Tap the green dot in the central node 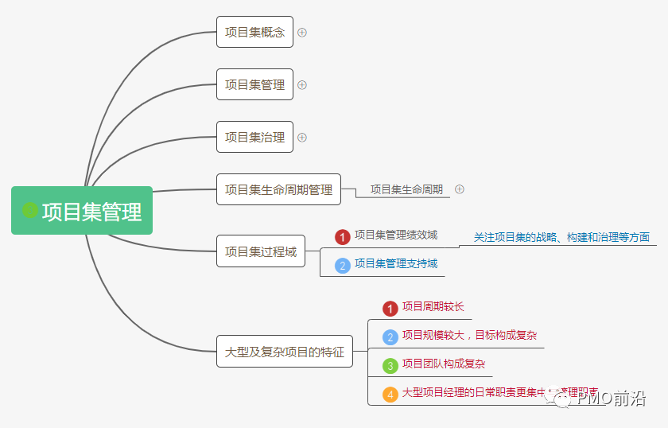30,210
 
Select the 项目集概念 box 254,33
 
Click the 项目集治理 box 254,137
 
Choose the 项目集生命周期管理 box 278,189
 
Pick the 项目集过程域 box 261,251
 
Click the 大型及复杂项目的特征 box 284,352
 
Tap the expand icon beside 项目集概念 302,33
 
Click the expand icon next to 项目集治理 302,137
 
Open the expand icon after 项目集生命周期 460,189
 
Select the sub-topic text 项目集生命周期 406,189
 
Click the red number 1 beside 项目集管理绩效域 343,237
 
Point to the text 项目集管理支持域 396,264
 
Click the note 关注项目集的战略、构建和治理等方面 561,237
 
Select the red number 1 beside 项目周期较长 390,308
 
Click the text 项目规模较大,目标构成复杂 469,336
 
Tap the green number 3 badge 390,365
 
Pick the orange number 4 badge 390,394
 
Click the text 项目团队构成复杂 444,364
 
